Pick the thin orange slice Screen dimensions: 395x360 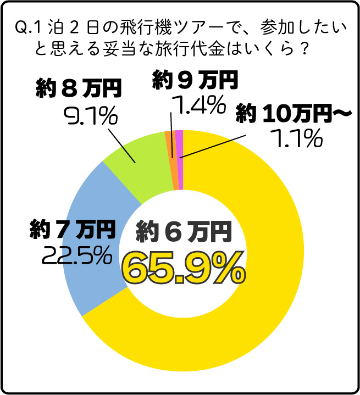click(x=171, y=159)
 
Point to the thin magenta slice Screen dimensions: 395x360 click(x=180, y=159)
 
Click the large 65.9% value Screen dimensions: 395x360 click(x=183, y=268)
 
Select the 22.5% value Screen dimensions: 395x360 click(x=74, y=255)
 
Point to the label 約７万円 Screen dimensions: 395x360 click(x=72, y=230)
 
